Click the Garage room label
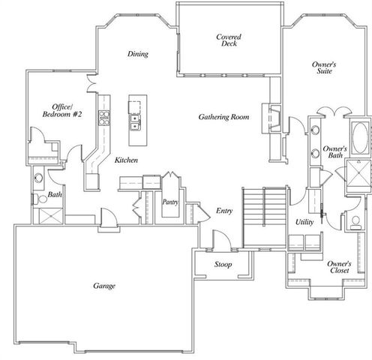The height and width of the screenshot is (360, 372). tap(103, 285)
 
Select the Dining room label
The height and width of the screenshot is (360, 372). tap(137, 54)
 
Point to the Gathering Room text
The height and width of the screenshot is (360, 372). tap(223, 117)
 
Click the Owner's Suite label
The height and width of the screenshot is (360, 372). tap(323, 70)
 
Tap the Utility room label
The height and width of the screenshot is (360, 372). tap(304, 222)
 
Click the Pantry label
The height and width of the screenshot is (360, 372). tap(170, 202)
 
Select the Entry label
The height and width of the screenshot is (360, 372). tap(223, 211)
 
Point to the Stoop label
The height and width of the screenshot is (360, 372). tap(222, 265)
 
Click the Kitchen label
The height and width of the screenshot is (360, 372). tap(125, 160)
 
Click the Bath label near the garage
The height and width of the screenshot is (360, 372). tap(55, 196)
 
